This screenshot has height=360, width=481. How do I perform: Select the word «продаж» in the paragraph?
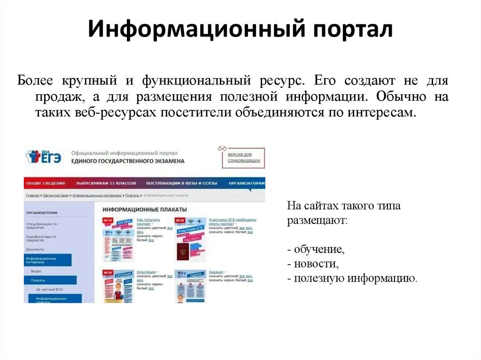(x=54, y=97)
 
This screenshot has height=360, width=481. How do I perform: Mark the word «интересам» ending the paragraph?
(x=386, y=113)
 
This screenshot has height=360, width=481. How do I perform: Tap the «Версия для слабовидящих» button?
(x=243, y=157)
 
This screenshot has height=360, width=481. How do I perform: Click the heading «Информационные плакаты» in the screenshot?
(x=144, y=209)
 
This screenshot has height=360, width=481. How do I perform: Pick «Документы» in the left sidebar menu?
(x=35, y=249)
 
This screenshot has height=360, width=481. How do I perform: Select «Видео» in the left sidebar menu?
(x=36, y=271)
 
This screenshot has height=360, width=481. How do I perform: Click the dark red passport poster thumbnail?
(x=182, y=251)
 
